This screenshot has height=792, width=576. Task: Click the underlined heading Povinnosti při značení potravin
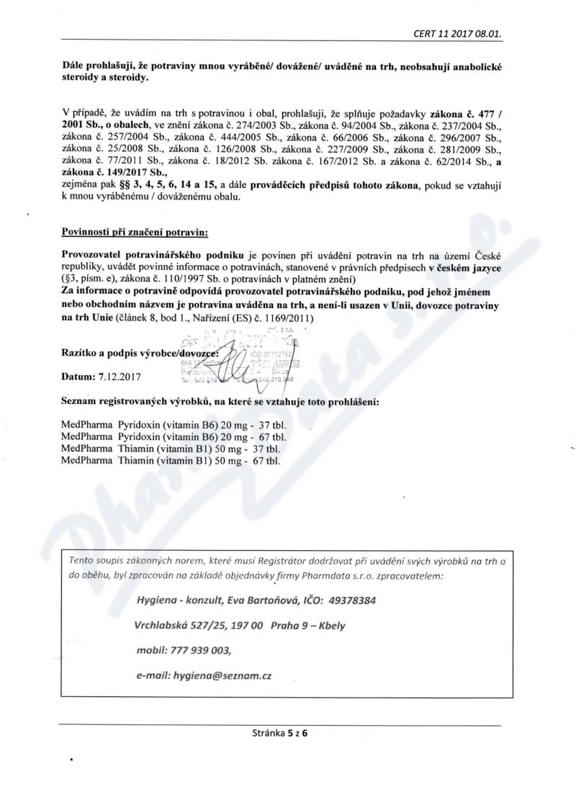click(x=135, y=233)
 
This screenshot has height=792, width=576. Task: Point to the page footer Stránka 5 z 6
click(x=279, y=735)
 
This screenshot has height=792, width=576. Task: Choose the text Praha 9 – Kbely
click(x=309, y=625)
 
